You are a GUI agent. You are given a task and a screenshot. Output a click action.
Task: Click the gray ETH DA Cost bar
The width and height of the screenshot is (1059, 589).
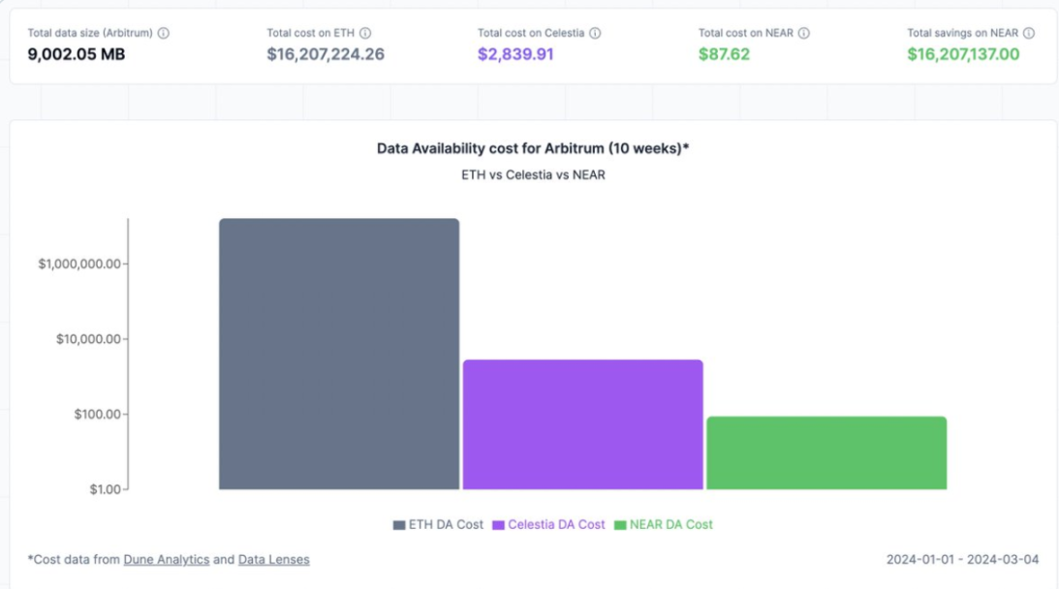pyautogui.click(x=338, y=354)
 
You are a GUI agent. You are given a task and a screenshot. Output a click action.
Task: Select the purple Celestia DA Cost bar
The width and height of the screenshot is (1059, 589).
pyautogui.click(x=582, y=424)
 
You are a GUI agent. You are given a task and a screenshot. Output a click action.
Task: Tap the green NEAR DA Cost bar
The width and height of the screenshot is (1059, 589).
pyautogui.click(x=825, y=452)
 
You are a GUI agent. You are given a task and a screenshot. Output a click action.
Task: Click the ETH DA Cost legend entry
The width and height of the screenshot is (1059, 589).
pyautogui.click(x=438, y=524)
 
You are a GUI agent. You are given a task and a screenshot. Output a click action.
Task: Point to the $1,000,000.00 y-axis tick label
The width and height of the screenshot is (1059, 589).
pyautogui.click(x=78, y=264)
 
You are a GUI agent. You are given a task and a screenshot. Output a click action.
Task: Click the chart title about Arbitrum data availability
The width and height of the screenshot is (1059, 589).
pyautogui.click(x=532, y=148)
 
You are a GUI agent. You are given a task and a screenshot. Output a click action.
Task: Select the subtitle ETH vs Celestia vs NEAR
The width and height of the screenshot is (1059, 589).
pyautogui.click(x=532, y=175)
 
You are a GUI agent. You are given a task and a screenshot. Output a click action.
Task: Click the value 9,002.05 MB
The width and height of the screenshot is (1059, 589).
pyautogui.click(x=77, y=54)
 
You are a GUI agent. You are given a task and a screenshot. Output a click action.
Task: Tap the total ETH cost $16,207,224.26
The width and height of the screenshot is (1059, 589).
pyautogui.click(x=326, y=54)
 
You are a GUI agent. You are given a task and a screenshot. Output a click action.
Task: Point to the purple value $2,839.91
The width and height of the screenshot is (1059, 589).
pyautogui.click(x=515, y=54)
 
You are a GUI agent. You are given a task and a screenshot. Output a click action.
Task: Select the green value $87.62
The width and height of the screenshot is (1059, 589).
pyautogui.click(x=724, y=54)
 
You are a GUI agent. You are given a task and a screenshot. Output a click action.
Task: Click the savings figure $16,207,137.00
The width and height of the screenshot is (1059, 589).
pyautogui.click(x=963, y=54)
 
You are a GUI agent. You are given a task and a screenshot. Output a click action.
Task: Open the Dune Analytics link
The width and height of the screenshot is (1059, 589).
pyautogui.click(x=167, y=559)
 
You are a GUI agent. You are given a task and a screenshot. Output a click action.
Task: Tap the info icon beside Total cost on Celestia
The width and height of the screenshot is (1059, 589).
pyautogui.click(x=595, y=33)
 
